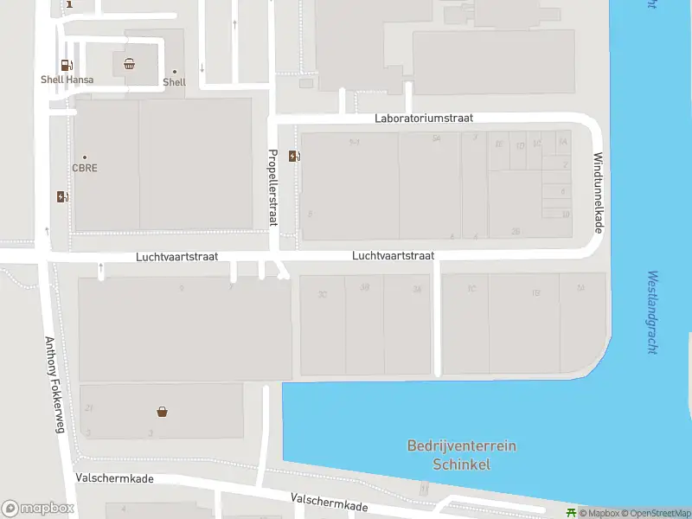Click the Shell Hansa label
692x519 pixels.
tap(67, 80)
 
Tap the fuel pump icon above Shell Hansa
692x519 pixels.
tap(66, 65)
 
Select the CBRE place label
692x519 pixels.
tap(84, 168)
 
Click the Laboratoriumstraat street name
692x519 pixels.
tap(424, 119)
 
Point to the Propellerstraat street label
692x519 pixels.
tap(272, 188)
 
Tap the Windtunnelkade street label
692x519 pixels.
tap(598, 192)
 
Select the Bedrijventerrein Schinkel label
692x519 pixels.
tap(461, 455)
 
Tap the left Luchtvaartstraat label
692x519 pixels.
tap(176, 257)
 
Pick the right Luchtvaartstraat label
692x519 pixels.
tap(393, 256)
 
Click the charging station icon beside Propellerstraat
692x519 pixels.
tap(295, 156)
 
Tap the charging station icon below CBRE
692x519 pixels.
tap(61, 196)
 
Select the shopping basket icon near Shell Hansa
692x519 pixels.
tap(129, 62)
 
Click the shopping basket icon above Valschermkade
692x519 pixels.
tap(162, 412)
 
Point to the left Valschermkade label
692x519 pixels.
tap(114, 477)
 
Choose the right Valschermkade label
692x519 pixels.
tap(330, 503)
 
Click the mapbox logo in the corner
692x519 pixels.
tap(37, 509)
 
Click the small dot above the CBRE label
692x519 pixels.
tap(84, 157)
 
